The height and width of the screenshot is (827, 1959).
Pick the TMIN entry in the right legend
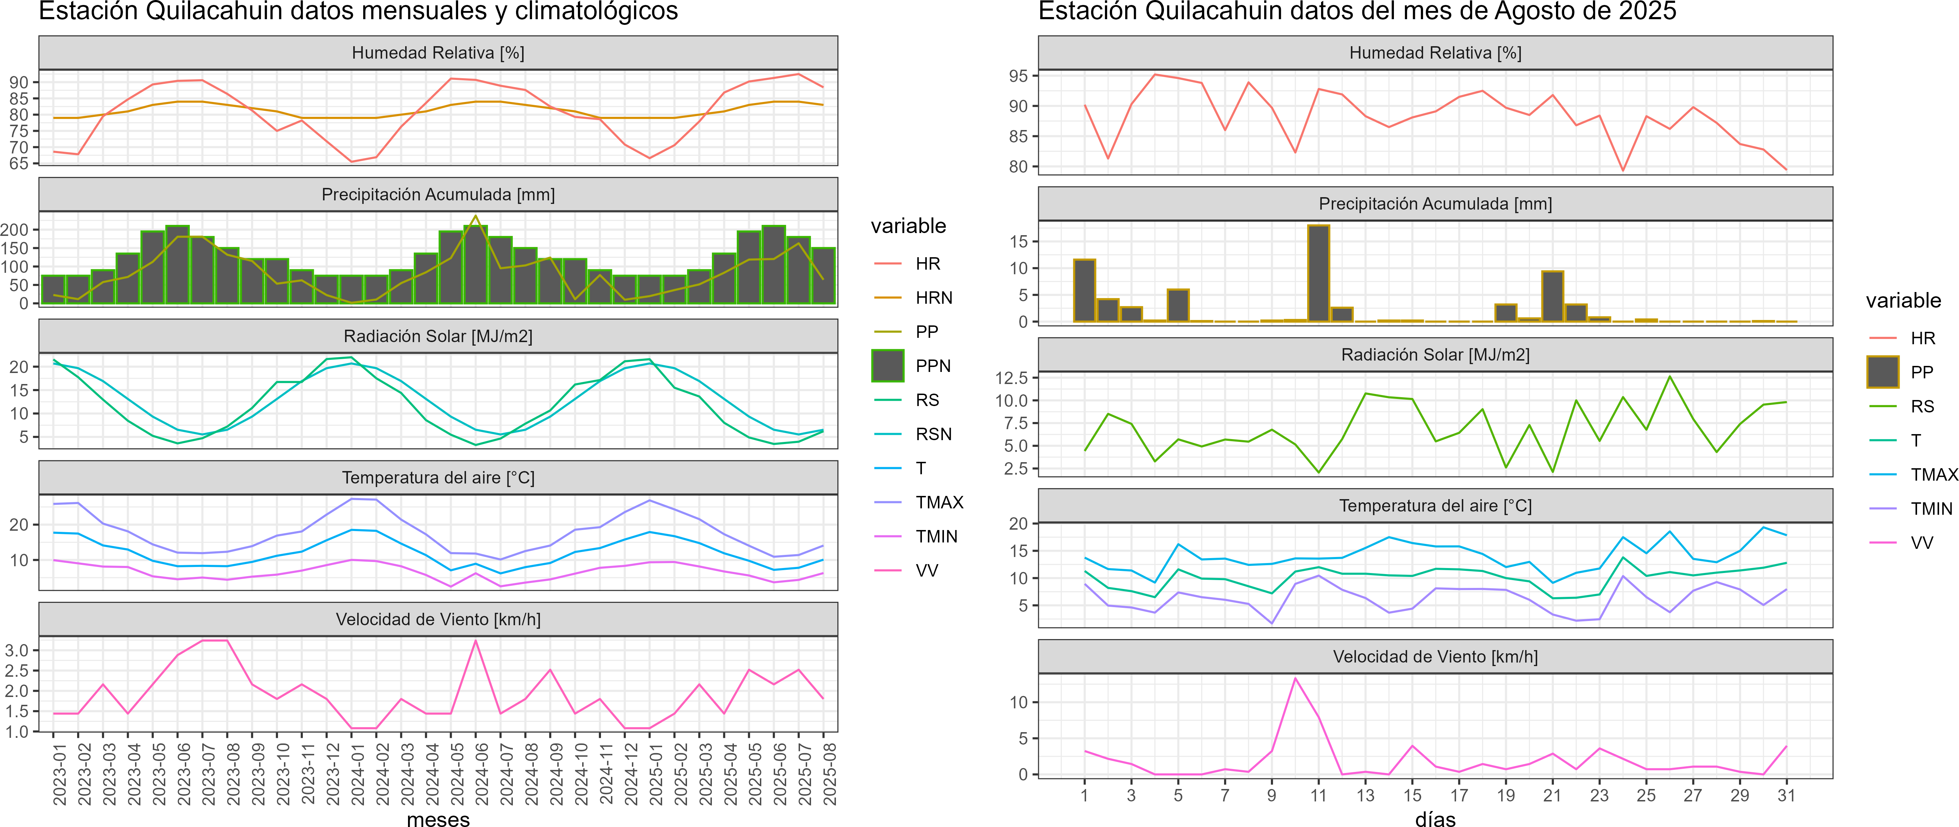pyautogui.click(x=1931, y=508)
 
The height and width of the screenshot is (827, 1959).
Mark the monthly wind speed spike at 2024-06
pyautogui.click(x=476, y=641)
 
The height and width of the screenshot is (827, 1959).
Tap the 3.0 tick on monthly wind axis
pyautogui.click(x=17, y=650)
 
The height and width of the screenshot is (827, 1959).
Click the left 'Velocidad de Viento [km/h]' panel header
pyautogui.click(x=438, y=620)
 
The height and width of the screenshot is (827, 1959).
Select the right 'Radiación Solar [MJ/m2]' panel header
pyautogui.click(x=1435, y=355)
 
